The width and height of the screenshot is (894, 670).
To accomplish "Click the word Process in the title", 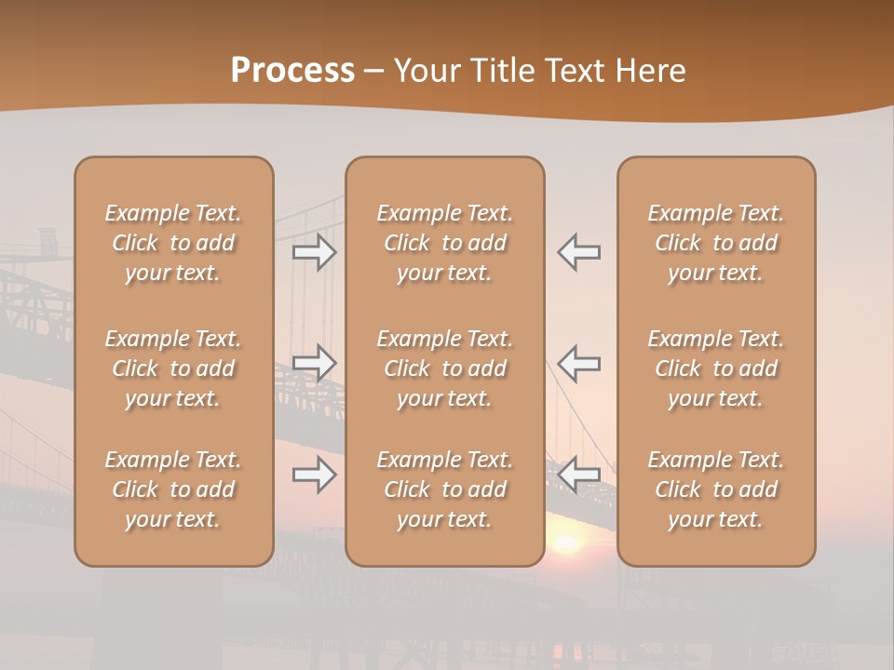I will tap(292, 70).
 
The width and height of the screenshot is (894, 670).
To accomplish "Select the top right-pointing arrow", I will tap(314, 252).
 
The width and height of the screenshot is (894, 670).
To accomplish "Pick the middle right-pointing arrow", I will tap(314, 362).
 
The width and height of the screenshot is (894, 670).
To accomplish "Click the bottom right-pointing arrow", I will tap(314, 476).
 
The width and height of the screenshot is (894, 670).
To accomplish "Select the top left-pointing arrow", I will tap(578, 252).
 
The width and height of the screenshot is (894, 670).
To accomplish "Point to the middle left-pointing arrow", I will tap(578, 362).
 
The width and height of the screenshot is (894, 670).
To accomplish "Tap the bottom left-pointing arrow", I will tap(578, 476).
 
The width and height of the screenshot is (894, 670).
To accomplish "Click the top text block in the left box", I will tap(173, 243).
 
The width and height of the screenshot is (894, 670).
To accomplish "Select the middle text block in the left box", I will tap(173, 368).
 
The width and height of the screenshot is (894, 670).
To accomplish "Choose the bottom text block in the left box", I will tap(173, 489).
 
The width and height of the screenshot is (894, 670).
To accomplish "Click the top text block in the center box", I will tap(445, 243).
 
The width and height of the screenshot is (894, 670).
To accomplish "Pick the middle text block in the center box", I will tap(445, 368).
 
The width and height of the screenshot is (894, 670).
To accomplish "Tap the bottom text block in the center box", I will tap(445, 489).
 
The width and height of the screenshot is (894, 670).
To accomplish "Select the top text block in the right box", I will tap(716, 243).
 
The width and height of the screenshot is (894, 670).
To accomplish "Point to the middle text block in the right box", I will tap(716, 368).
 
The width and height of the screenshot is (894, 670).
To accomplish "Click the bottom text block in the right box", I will tap(716, 489).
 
